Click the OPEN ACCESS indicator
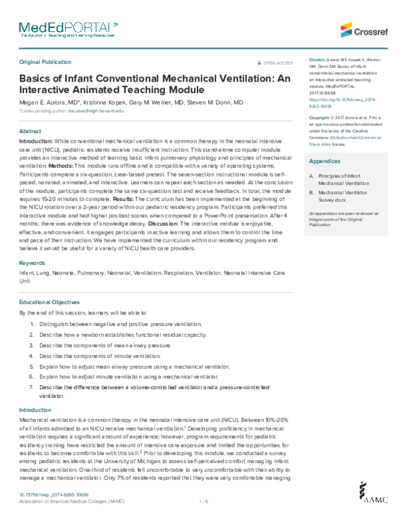(x=278, y=62)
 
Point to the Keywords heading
(x=33, y=280)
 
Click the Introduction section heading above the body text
(x=35, y=410)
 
